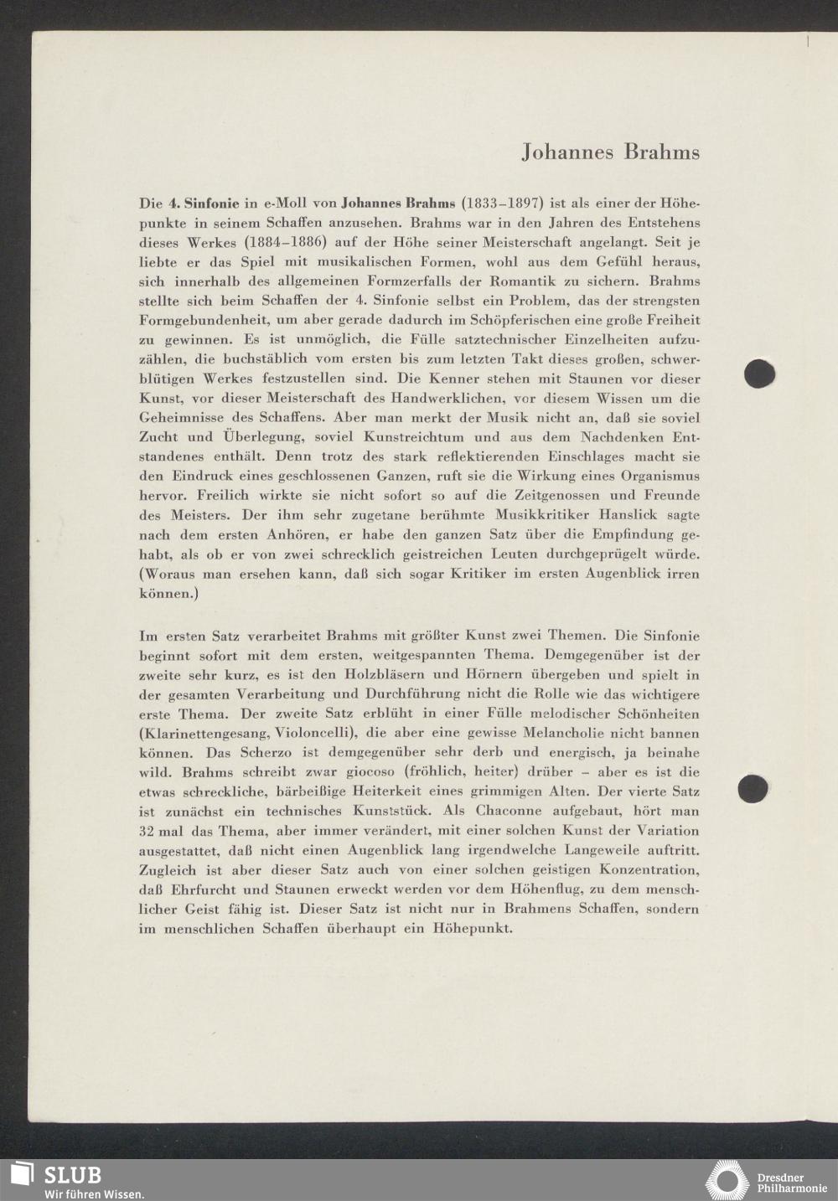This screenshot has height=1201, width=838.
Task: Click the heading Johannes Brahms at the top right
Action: coord(610,152)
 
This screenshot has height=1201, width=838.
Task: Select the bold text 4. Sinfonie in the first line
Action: coord(204,204)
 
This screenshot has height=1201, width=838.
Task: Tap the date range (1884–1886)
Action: coord(285,242)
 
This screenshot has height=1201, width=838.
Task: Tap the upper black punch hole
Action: coord(758,373)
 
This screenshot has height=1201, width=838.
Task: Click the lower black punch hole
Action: coord(753,789)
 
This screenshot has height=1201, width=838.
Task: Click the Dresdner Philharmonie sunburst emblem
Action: coord(727,1181)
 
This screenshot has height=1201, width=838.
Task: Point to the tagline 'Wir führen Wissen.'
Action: coord(94,1193)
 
